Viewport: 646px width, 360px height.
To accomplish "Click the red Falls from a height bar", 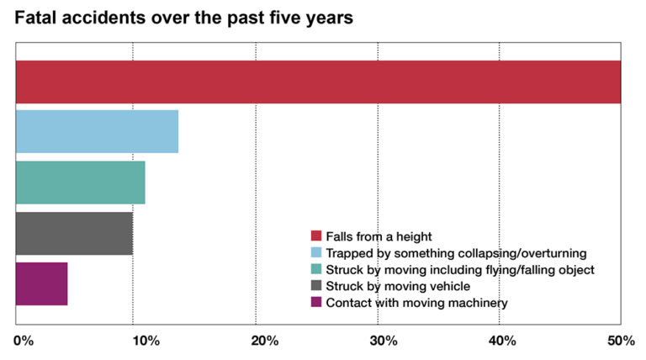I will pos(318,82).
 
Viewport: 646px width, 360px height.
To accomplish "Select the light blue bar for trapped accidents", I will pos(97,131).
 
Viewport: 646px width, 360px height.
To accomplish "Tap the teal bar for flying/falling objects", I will pos(81,182).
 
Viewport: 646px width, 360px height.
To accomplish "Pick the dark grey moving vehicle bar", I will pos(74,233).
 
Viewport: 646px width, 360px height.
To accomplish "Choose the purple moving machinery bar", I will pos(41,283).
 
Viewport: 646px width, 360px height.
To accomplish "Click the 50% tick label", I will pos(621,341).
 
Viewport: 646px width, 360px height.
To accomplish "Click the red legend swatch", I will pos(316,236).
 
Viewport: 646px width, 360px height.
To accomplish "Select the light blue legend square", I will pos(316,252).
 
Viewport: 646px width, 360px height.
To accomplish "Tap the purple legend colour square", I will pos(316,303).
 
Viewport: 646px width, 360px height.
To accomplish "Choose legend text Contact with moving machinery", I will pos(416,303).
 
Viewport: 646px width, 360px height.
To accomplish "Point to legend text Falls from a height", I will pos(379,236).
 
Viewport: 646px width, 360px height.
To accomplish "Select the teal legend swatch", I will pos(316,269).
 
